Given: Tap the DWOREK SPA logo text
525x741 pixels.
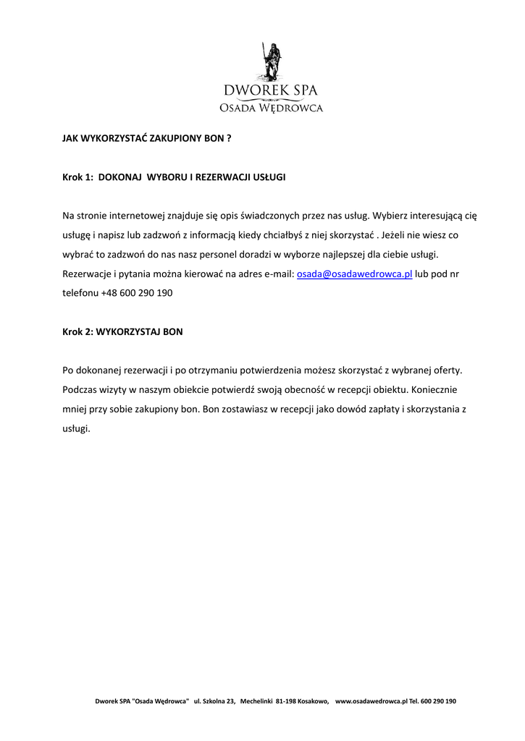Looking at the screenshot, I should pos(270,90).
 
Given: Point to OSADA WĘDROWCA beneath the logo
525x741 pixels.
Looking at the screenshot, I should pos(271,108).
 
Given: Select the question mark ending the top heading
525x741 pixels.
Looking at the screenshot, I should pos(229,137).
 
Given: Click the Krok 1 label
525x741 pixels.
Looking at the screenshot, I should pos(77,177).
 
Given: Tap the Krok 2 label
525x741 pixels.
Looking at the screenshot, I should pos(77,332).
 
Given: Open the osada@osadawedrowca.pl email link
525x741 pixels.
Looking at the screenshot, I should pos(355,275).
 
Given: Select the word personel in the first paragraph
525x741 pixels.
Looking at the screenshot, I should pos(246,255).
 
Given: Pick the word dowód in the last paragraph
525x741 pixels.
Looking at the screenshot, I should pos(339,409).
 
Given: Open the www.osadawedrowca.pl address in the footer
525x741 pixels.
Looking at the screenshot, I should pos(371,701).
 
